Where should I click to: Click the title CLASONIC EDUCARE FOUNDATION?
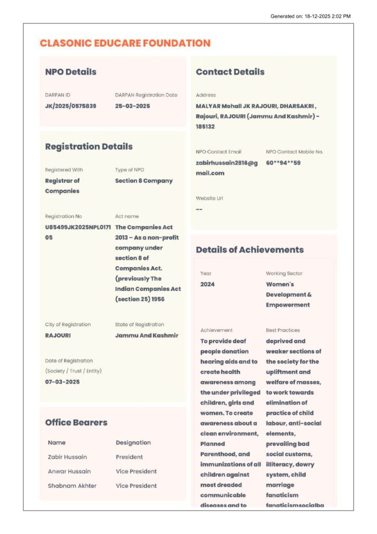coord(125,43)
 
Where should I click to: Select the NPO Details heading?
coord(71,72)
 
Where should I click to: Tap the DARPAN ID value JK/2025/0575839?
coord(71,106)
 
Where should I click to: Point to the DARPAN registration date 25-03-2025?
coord(132,106)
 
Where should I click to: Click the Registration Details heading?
coord(89,147)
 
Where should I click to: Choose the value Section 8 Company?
coord(144,181)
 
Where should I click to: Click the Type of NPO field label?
coord(130,170)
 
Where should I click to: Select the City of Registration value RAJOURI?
coord(58,335)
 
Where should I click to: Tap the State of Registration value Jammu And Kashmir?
coord(146,335)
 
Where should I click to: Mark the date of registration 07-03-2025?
coord(62,382)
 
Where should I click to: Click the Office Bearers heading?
coord(77,422)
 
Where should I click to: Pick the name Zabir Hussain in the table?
coord(67,457)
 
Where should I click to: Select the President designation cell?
coord(129,457)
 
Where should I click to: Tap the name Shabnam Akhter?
coord(72,486)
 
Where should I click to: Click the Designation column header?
coord(133,443)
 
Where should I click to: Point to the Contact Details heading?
coord(230,72)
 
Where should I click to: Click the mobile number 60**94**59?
coord(283,163)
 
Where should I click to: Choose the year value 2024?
coord(207,284)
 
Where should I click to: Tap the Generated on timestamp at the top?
coord(310,16)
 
